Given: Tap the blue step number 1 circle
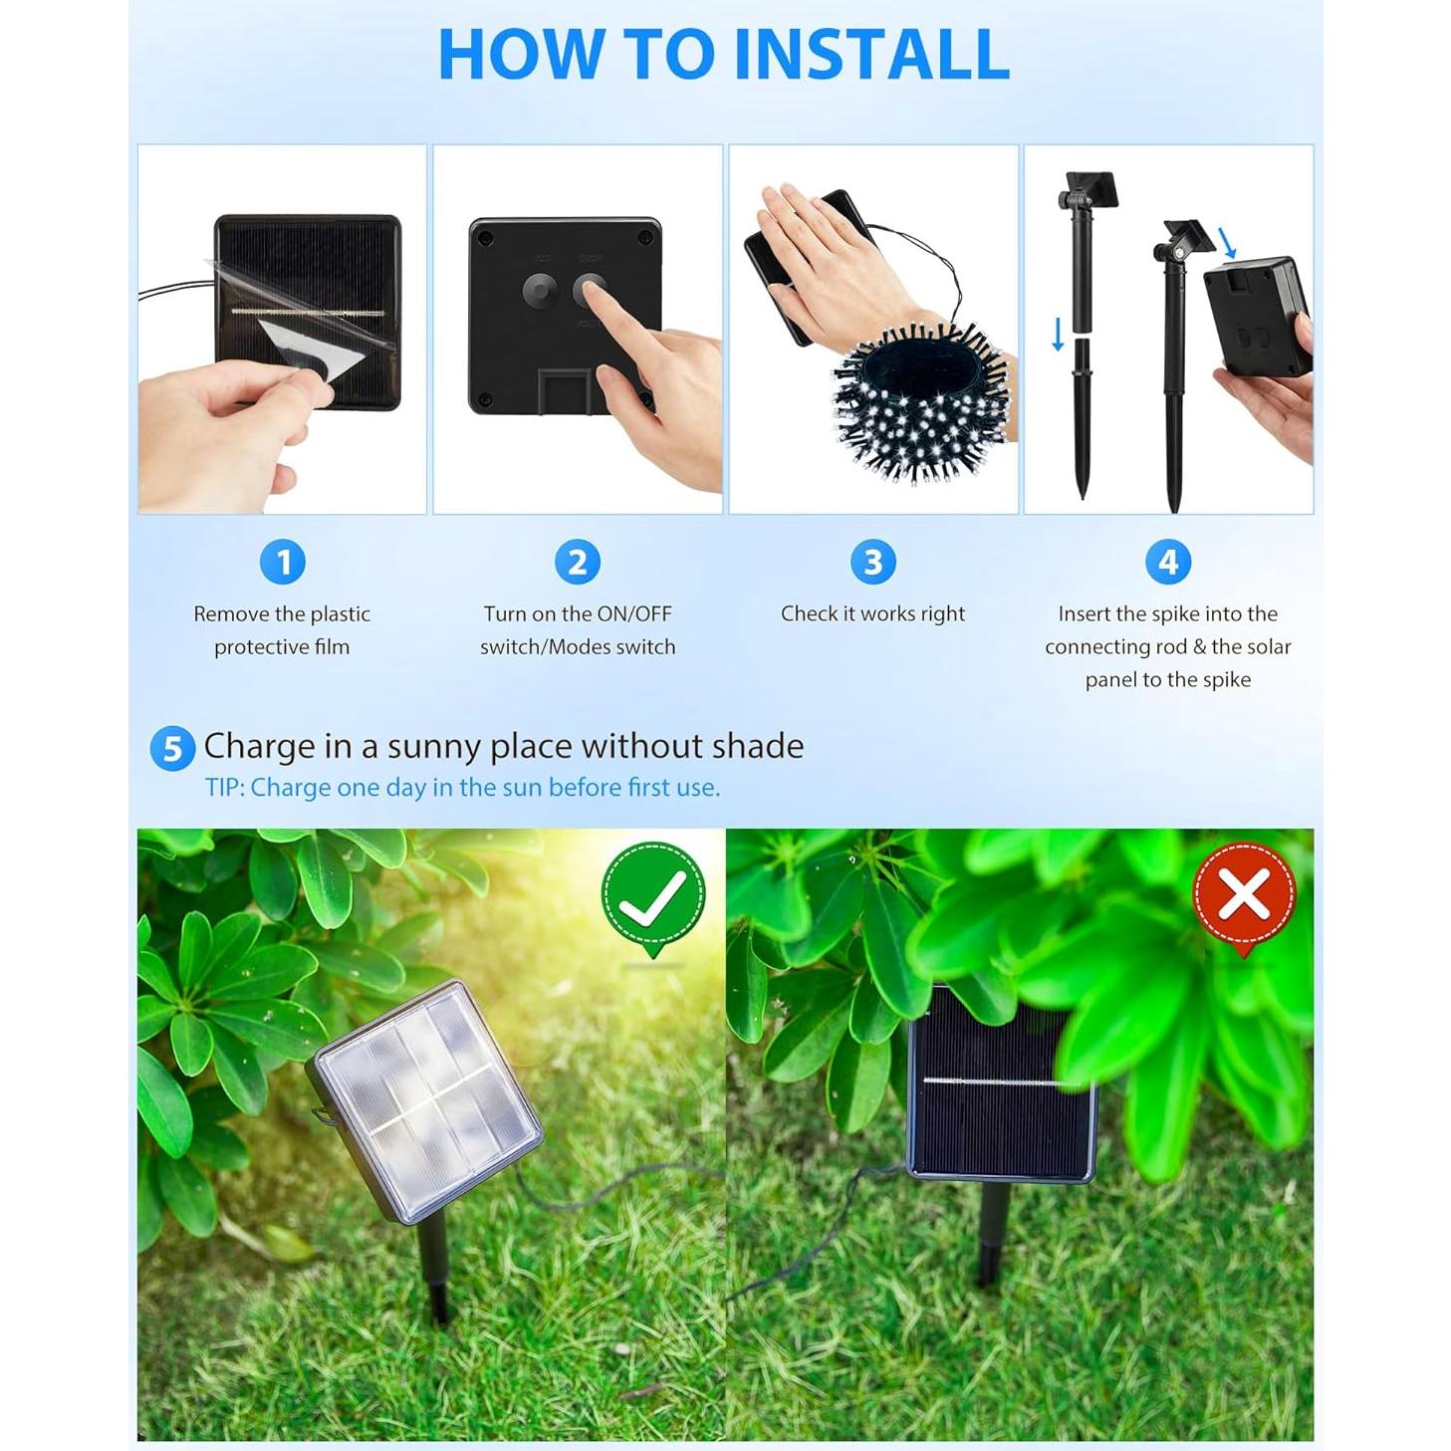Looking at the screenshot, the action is (x=283, y=562).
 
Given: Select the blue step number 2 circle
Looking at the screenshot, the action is (x=578, y=562).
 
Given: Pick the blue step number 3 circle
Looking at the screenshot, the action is (x=872, y=562).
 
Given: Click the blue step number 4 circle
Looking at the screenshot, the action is (x=1168, y=562).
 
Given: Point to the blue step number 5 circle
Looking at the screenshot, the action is (x=172, y=748).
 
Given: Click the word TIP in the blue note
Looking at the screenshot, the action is (x=223, y=788).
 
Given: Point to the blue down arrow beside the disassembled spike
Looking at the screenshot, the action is (x=1058, y=334).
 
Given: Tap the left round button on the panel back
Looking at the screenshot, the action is (x=540, y=291).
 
